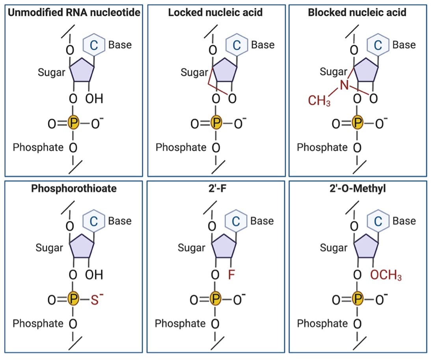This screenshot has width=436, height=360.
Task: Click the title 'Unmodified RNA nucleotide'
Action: (x=74, y=12)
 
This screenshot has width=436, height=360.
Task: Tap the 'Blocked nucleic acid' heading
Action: (x=357, y=12)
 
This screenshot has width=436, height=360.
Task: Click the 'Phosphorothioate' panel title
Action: (x=74, y=188)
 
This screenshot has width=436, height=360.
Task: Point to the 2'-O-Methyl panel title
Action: (x=357, y=188)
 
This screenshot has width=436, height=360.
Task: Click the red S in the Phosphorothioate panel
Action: (x=94, y=300)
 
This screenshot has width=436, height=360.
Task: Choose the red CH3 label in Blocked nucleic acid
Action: (x=319, y=101)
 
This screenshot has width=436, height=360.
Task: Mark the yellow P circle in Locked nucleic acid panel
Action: (x=215, y=123)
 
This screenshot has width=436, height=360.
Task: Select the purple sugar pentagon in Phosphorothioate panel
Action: (x=82, y=247)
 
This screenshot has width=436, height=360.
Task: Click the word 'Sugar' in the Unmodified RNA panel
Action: (x=51, y=73)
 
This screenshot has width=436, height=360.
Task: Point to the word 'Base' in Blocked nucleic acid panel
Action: (x=404, y=45)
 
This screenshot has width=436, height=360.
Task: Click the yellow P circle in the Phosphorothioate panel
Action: (x=73, y=300)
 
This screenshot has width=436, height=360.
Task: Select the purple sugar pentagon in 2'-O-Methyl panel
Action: (x=366, y=247)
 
